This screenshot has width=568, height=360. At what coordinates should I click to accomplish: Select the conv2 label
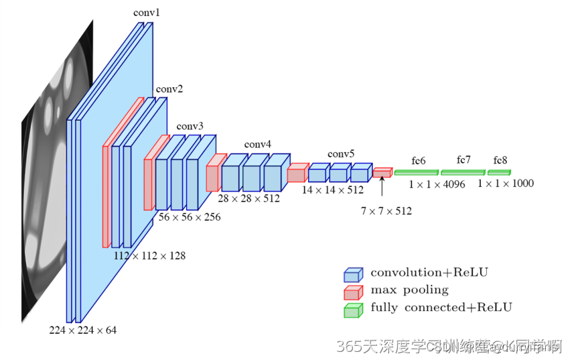pos(169,89)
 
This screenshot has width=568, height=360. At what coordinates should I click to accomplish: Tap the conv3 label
pos(190,126)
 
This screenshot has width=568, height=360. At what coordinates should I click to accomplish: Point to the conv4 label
pos(258,144)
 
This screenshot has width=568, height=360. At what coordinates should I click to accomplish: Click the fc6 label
pos(419,161)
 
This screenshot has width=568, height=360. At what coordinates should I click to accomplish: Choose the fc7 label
pos(464,160)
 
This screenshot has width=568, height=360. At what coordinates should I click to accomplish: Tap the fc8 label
pos(500,160)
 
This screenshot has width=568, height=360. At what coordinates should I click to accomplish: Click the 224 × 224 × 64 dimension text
pos(82,330)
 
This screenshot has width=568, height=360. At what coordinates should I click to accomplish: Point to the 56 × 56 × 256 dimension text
pos(190,217)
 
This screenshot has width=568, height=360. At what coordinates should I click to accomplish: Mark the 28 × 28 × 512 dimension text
pos(249,198)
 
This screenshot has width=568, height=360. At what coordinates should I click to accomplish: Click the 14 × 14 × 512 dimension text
pos(332,190)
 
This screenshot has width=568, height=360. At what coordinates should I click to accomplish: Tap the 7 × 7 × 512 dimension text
pos(386,211)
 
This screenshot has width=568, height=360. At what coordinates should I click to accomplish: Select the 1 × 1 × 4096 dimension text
pos(437,184)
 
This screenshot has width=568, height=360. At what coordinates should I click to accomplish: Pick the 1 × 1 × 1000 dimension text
pos(506,183)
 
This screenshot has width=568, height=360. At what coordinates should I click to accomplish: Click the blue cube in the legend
pos(352,275)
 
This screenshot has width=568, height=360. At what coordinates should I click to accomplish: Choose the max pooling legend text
pos(409,290)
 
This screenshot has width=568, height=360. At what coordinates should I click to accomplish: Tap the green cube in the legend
pos(352,310)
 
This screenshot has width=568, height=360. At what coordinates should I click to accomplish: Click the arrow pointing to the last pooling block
pos(382,187)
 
